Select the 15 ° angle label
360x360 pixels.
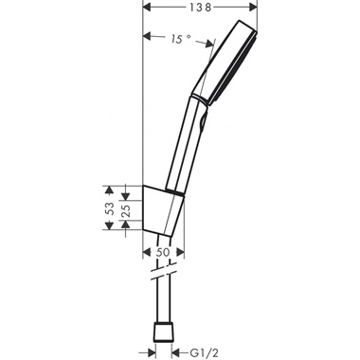click(x=180, y=40)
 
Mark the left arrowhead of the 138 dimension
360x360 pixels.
click(x=147, y=9)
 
